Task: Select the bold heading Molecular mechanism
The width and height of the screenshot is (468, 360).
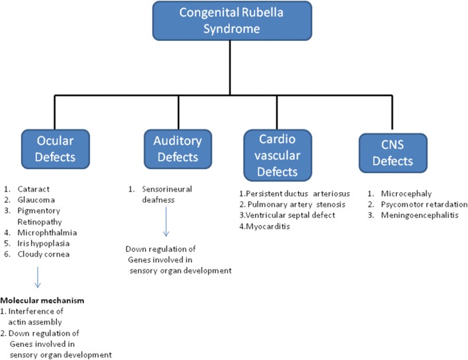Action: [41, 300]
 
